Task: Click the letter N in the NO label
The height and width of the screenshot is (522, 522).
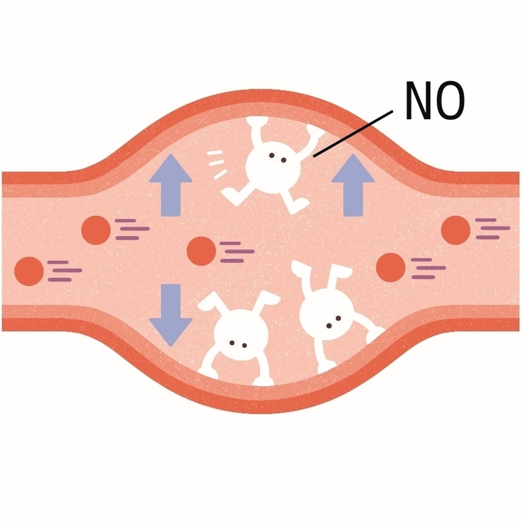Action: (x=418, y=100)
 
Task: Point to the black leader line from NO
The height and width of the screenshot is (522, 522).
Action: (x=353, y=134)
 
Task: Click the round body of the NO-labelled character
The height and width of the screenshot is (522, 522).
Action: (x=273, y=167)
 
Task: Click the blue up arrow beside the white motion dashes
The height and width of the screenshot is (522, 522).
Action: (x=171, y=185)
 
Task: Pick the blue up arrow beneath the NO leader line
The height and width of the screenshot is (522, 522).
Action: (x=353, y=185)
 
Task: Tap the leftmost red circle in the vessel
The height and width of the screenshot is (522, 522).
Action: (x=29, y=271)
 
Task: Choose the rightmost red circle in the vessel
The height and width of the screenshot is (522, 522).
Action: (x=455, y=230)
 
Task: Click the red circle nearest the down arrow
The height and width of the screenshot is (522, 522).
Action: (x=201, y=251)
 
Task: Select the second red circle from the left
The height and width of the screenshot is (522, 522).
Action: (x=96, y=230)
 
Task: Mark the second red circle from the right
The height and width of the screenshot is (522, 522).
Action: (x=391, y=268)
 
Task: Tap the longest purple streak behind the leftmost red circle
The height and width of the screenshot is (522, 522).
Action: (x=67, y=270)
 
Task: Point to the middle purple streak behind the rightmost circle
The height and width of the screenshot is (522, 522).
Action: (x=495, y=228)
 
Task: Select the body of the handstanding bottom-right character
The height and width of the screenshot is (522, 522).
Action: (x=327, y=315)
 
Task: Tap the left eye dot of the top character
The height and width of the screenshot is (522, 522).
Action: (x=271, y=155)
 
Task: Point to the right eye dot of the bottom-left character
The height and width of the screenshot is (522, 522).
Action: (x=244, y=345)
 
